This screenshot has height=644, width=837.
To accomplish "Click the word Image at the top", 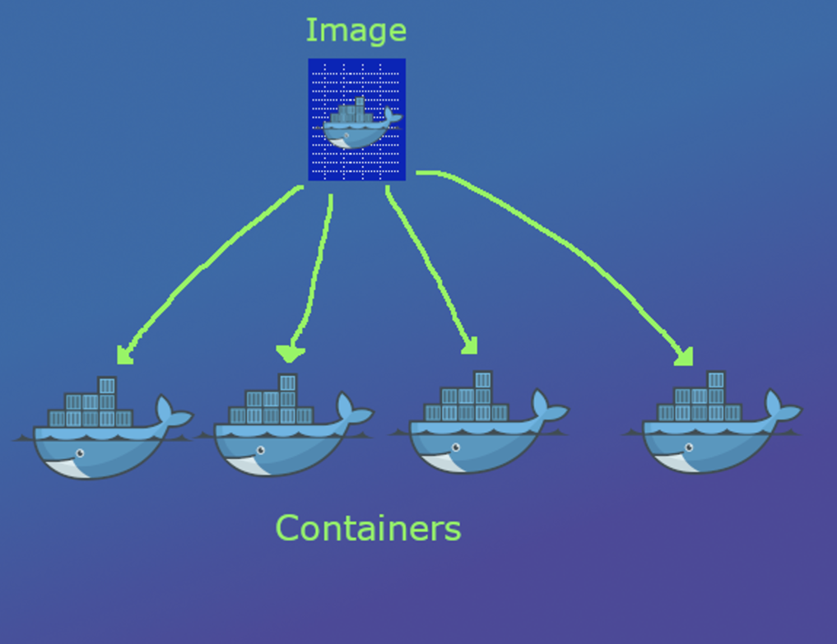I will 356,31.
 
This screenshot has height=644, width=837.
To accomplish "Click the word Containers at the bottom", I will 368,528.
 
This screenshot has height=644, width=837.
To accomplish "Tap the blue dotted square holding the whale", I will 357,119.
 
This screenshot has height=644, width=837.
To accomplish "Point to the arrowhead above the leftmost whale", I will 124,355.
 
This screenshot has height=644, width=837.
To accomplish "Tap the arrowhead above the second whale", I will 290,354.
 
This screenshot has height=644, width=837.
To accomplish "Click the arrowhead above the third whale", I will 470,346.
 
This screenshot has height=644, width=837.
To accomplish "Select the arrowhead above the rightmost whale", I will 684,358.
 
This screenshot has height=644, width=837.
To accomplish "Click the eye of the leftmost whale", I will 79,453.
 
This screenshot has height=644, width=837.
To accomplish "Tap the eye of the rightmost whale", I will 689,447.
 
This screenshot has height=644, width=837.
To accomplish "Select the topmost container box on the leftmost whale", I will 107,386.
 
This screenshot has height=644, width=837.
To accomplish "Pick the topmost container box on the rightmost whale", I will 716,380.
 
